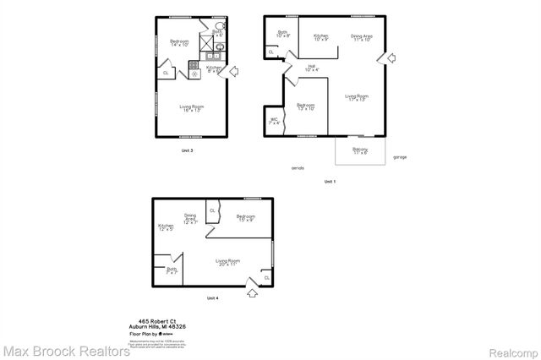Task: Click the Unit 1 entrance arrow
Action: click(x=391, y=57)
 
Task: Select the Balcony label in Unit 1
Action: click(x=360, y=151)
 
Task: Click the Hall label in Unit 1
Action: click(x=311, y=68)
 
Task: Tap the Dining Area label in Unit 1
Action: click(x=363, y=38)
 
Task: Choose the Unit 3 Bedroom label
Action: click(x=178, y=43)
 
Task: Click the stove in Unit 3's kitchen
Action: click(x=194, y=73)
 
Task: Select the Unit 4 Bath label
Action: click(x=172, y=271)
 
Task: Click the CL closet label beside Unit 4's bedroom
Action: click(x=212, y=210)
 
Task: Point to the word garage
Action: click(x=401, y=157)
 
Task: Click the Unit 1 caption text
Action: click(x=330, y=182)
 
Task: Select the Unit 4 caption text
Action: click(x=212, y=297)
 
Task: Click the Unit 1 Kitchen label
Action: click(x=321, y=38)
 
